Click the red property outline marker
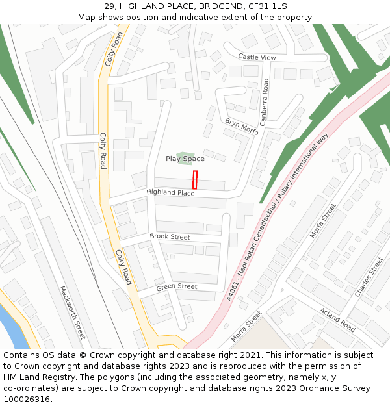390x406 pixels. (x=194, y=180)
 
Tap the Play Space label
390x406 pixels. (x=185, y=159)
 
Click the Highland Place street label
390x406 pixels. (x=170, y=193)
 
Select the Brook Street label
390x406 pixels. (x=170, y=237)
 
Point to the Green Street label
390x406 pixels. (x=176, y=286)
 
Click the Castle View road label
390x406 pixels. (x=257, y=57)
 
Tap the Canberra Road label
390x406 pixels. (x=265, y=102)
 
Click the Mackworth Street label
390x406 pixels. (x=73, y=312)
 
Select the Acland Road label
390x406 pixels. (x=337, y=320)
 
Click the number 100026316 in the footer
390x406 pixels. (x=27, y=399)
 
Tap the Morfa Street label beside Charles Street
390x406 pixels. (x=324, y=220)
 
